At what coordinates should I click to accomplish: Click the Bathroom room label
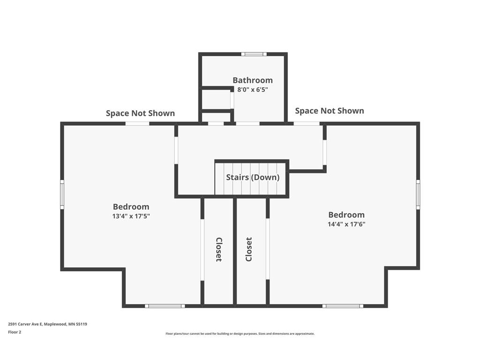(253, 80)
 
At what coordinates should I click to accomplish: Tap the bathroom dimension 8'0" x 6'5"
(253, 90)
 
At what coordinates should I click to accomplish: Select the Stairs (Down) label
(253, 177)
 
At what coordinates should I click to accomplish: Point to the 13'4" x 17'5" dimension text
(131, 216)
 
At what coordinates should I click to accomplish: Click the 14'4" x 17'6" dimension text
(346, 224)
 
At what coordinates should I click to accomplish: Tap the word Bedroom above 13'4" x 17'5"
(131, 207)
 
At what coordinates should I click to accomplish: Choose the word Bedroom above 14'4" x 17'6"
(346, 215)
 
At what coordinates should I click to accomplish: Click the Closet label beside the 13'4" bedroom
(219, 249)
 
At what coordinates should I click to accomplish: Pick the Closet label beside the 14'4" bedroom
(249, 249)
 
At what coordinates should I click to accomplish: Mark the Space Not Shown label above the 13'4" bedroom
(140, 113)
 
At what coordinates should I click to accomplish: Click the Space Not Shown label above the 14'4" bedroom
(330, 111)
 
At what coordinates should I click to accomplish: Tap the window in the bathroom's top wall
(254, 54)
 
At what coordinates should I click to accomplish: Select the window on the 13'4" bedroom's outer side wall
(62, 195)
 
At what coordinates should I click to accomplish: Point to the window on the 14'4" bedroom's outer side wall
(418, 195)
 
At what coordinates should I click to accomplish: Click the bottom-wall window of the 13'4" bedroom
(165, 306)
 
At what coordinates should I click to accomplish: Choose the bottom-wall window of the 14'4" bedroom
(343, 306)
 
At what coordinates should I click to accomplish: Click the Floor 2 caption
(15, 332)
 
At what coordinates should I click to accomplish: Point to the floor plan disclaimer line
(240, 334)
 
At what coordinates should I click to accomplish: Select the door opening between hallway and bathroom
(247, 124)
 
